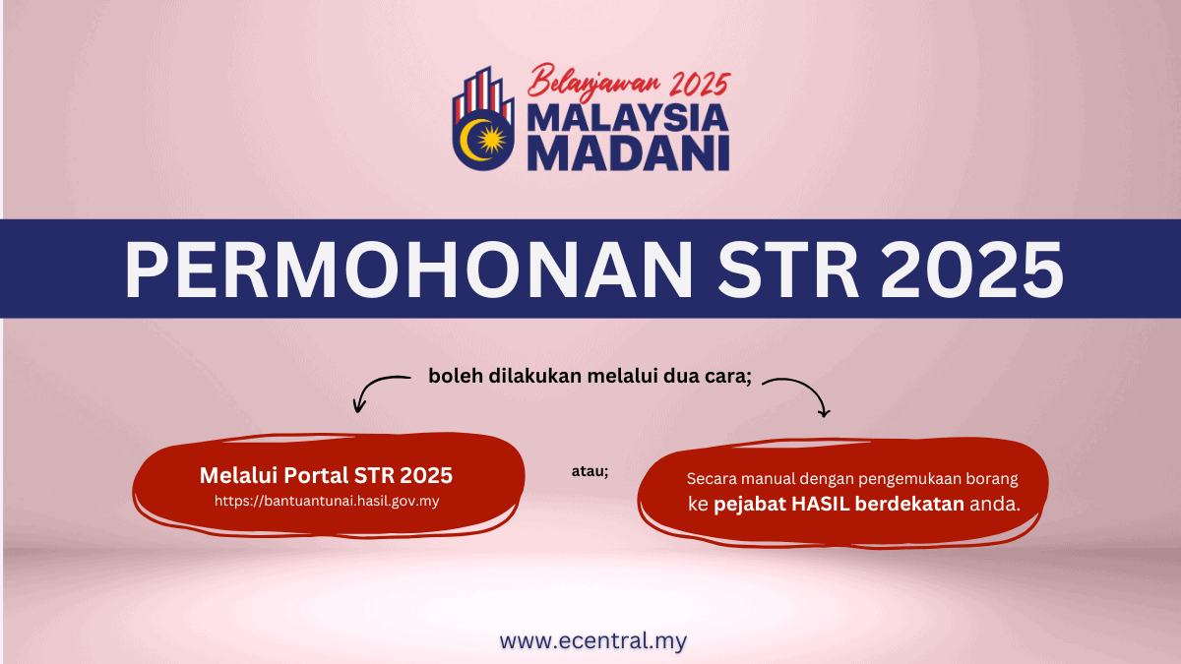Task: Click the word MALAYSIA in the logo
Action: pyautogui.click(x=628, y=118)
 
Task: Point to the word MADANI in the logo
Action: pyautogui.click(x=628, y=153)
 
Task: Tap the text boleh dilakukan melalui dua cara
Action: pyautogui.click(x=590, y=376)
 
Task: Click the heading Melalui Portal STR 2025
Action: pyautogui.click(x=326, y=475)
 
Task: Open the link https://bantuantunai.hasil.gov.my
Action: pyautogui.click(x=326, y=501)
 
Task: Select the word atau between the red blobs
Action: pyautogui.click(x=590, y=471)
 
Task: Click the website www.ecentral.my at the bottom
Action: pyautogui.click(x=592, y=641)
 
